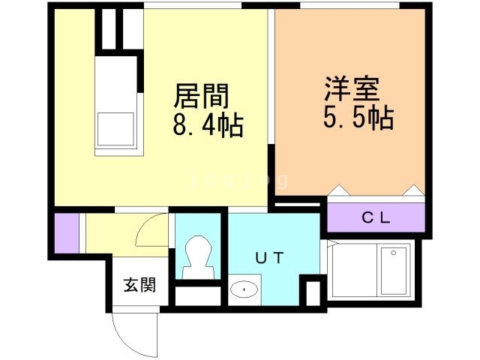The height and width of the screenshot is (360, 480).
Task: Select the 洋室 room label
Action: pyautogui.click(x=352, y=89)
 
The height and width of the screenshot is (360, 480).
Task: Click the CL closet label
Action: pyautogui.click(x=376, y=218)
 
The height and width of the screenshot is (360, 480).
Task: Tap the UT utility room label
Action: pyautogui.click(x=269, y=259)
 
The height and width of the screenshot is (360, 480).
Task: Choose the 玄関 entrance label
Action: pyautogui.click(x=139, y=285)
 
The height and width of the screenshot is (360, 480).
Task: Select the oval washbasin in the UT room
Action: pyautogui.click(x=244, y=289)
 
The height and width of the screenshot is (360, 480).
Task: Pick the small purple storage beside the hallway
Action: pyautogui.click(x=66, y=233)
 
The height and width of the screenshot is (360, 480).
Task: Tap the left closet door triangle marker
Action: pyautogui.click(x=337, y=190)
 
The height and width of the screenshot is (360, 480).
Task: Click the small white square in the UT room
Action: pyautogui.click(x=310, y=292)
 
